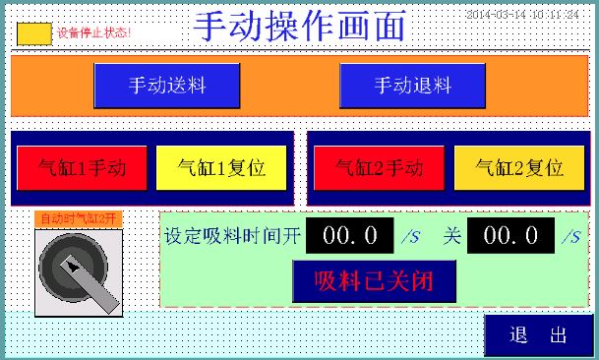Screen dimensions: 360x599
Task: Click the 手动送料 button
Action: [x=167, y=86]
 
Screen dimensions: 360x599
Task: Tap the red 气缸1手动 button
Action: [x=82, y=167]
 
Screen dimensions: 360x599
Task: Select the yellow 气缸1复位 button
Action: [x=221, y=167]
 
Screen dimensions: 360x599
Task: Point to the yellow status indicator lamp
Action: [x=35, y=32]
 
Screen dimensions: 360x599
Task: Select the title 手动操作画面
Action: [x=299, y=27]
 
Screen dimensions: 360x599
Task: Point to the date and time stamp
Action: [x=521, y=15]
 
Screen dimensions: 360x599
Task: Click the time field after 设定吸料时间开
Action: [x=350, y=236]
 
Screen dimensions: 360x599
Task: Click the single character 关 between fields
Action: [x=451, y=236]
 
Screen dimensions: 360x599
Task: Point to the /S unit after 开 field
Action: [x=410, y=237]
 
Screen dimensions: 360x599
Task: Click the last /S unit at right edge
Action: [x=571, y=237]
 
